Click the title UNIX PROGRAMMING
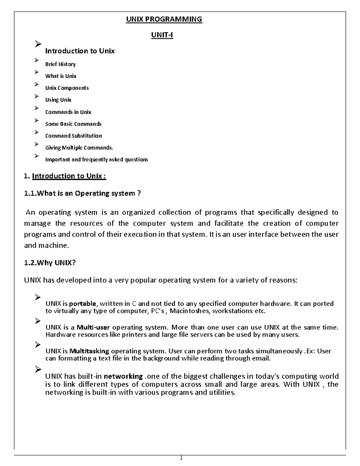tap(164, 20)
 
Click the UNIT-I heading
tap(162, 35)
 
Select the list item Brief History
tap(60, 64)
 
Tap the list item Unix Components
tap(67, 88)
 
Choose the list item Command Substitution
tap(73, 136)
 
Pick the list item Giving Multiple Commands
tap(79, 148)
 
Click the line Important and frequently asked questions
tap(96, 160)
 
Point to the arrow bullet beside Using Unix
tap(37, 96)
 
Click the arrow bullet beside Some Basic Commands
tap(37, 120)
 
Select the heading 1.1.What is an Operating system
tap(82, 194)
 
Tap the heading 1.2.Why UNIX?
tap(50, 263)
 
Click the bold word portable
tap(82, 304)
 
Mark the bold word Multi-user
tap(93, 327)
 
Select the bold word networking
tap(123, 376)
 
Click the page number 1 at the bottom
tap(181, 458)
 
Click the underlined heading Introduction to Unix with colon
tap(69, 176)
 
